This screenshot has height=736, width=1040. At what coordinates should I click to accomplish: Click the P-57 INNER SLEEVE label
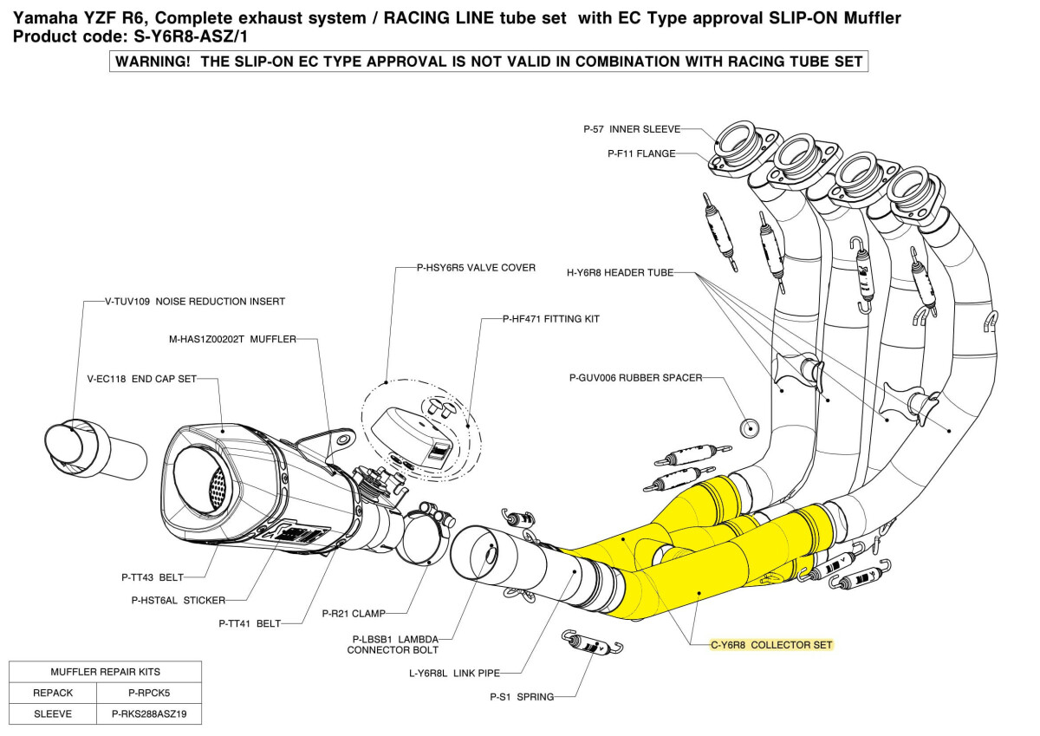pyautogui.click(x=631, y=129)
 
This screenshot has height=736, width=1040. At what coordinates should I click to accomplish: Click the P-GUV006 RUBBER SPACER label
pyautogui.click(x=635, y=378)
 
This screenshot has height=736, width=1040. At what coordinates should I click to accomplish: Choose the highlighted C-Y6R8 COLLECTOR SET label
pyautogui.click(x=771, y=645)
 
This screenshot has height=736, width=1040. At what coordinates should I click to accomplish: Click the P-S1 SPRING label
pyautogui.click(x=522, y=696)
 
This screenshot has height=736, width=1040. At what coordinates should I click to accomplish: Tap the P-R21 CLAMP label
pyautogui.click(x=356, y=613)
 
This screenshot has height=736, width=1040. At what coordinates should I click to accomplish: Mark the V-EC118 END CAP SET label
pyautogui.click(x=142, y=378)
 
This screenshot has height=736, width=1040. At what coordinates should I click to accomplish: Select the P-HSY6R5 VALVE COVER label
pyautogui.click(x=476, y=268)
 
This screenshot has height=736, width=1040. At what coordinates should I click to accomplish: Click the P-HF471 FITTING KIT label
pyautogui.click(x=551, y=319)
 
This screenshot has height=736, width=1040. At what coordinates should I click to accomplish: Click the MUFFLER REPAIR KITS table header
pyautogui.click(x=105, y=671)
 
